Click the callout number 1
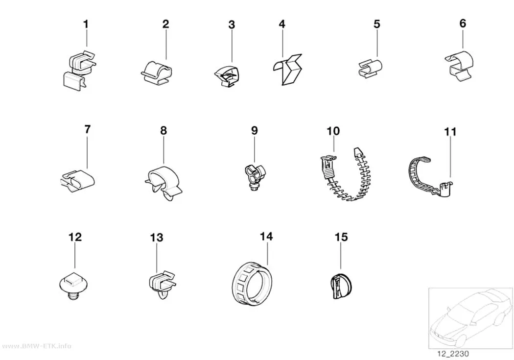86,24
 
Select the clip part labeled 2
156,72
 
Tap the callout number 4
282,24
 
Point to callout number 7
87,129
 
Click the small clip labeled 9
255,177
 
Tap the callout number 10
333,131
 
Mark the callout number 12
75,237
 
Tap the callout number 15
341,237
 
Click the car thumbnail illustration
470,318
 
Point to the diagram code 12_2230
453,354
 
